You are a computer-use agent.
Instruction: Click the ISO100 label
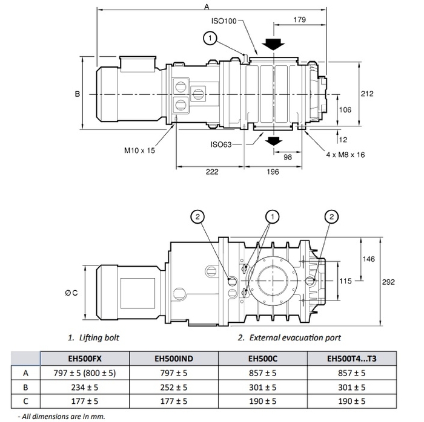tap(224, 21)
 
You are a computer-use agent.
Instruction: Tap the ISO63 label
tap(221, 144)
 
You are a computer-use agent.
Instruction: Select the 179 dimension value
tap(300, 19)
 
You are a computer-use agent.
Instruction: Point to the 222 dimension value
tap(212, 172)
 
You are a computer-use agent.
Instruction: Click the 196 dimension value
tap(273, 172)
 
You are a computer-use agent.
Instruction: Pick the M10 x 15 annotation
tap(139, 151)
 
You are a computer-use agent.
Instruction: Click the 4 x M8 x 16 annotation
tap(345, 155)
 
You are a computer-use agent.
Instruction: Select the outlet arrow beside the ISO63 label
tap(273, 141)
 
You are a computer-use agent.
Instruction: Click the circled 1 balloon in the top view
tap(210, 38)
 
